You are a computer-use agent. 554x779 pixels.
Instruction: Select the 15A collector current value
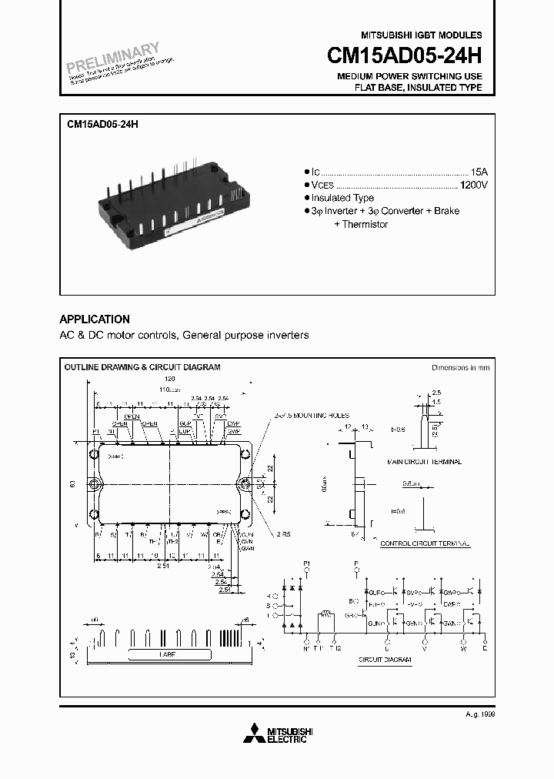[477, 172]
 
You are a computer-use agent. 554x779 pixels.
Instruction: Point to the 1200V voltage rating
[473, 186]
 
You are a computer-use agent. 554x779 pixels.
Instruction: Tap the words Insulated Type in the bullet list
[342, 198]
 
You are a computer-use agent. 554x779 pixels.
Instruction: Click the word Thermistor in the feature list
[364, 224]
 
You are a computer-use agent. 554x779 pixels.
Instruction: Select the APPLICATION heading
[95, 319]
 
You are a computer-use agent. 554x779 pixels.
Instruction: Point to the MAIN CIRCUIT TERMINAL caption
[424, 462]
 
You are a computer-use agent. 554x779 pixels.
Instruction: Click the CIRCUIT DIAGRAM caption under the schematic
[385, 660]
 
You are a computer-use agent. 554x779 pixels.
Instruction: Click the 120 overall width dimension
[169, 379]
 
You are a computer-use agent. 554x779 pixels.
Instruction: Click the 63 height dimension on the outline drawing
[72, 484]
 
